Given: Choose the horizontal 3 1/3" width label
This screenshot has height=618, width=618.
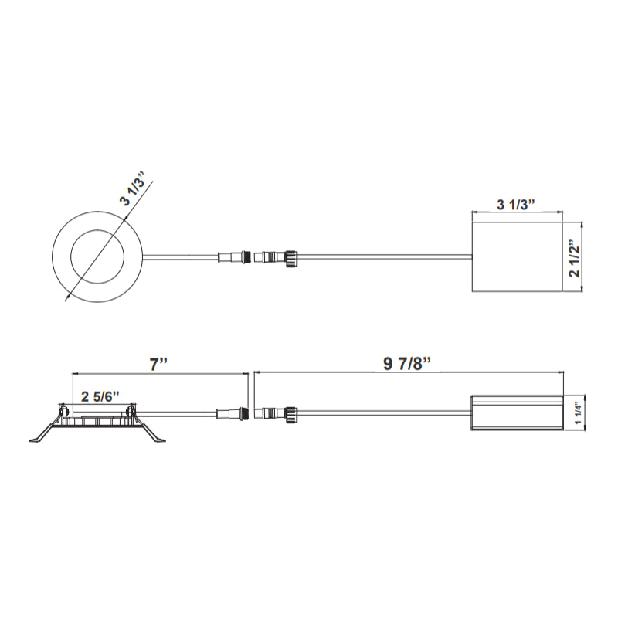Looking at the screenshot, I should [x=517, y=205].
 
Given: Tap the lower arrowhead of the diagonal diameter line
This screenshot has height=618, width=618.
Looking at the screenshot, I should [x=67, y=297].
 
